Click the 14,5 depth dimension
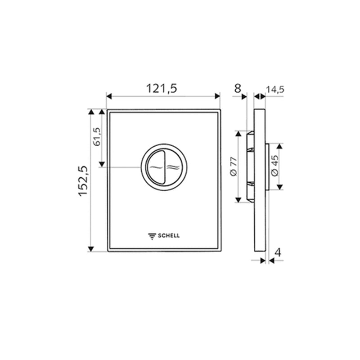(275, 90)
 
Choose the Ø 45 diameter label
(274, 166)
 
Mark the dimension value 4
(278, 252)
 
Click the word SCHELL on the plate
(169, 235)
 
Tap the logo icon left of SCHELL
(152, 235)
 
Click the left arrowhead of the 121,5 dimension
(109, 95)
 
